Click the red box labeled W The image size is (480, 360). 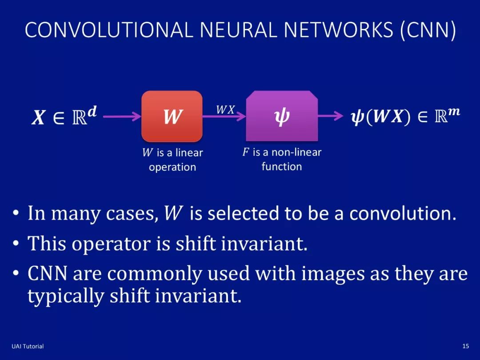(x=172, y=116)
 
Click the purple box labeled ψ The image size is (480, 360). (x=282, y=116)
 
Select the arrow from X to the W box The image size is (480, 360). (x=122, y=117)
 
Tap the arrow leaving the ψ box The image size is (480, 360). (x=331, y=117)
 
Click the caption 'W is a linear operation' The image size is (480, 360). (x=172, y=160)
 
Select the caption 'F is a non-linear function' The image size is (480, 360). (x=282, y=159)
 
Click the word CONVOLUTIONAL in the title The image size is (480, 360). (x=109, y=30)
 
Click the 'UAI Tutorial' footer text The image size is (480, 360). (x=28, y=346)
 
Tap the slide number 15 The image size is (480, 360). (x=465, y=346)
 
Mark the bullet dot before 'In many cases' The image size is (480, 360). (x=16, y=214)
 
